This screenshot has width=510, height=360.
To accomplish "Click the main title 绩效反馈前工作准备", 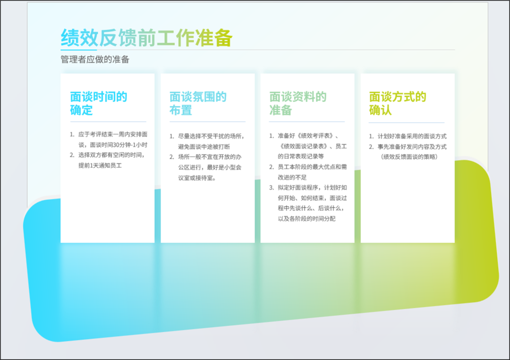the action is pyautogui.click(x=146, y=38).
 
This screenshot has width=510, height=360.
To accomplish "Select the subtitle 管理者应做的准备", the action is pyautogui.click(x=95, y=59).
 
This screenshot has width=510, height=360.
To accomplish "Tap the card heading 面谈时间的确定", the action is pyautogui.click(x=99, y=103).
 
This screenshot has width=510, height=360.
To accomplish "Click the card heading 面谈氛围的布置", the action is pyautogui.click(x=198, y=103).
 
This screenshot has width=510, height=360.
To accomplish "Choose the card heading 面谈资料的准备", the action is pyautogui.click(x=297, y=103).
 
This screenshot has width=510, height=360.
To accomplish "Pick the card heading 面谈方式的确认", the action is pyautogui.click(x=398, y=103).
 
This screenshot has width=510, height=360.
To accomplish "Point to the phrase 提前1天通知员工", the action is pyautogui.click(x=100, y=165).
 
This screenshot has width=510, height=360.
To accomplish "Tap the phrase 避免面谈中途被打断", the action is pyautogui.click(x=204, y=146).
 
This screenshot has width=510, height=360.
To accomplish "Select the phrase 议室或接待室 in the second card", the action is pyautogui.click(x=197, y=178).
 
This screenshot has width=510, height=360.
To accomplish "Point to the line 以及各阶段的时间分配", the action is pyautogui.click(x=306, y=219).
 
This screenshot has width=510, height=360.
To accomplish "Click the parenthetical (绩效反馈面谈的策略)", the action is pyautogui.click(x=409, y=157).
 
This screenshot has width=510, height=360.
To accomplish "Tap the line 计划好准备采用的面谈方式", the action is pyautogui.click(x=412, y=136).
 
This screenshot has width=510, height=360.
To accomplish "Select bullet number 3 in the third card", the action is pyautogui.click(x=271, y=188).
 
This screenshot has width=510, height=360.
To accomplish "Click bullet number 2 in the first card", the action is pyautogui.click(x=72, y=155).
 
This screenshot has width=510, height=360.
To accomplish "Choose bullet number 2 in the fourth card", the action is pyautogui.click(x=371, y=147).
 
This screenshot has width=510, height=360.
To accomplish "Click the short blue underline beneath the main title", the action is pyautogui.click(x=79, y=50).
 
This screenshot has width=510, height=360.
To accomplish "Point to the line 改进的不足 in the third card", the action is pyautogui.click(x=292, y=177).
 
